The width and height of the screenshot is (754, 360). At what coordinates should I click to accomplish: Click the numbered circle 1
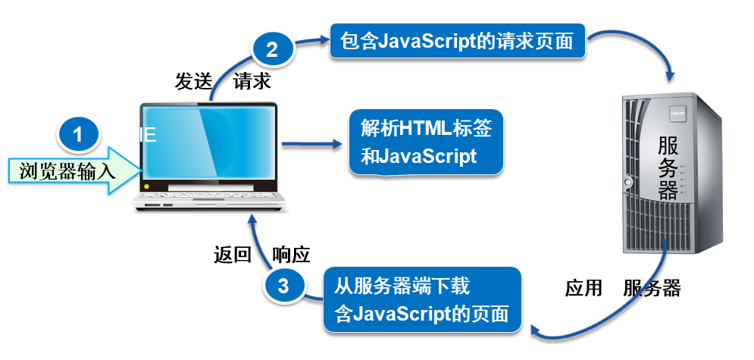78,134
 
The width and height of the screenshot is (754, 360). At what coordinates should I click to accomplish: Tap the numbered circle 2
272,49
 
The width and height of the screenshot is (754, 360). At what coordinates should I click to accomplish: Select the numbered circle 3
283,286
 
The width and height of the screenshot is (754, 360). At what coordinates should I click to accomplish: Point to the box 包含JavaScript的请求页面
457,42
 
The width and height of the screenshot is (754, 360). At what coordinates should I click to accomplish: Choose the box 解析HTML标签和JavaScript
426,142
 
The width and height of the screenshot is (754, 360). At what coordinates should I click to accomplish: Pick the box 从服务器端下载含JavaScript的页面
422,299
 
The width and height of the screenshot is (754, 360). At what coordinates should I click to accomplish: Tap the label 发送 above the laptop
193,82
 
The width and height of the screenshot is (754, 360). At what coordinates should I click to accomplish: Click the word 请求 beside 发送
252,82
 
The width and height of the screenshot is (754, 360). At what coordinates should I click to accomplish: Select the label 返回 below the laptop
233,255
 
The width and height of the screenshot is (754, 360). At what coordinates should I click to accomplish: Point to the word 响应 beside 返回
291,255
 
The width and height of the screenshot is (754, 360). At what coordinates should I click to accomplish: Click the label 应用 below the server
583,289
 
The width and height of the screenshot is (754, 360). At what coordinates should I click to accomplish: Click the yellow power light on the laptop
147,186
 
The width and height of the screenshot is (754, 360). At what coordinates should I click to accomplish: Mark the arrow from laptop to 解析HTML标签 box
311,143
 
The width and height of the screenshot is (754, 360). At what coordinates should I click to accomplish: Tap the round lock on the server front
627,182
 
